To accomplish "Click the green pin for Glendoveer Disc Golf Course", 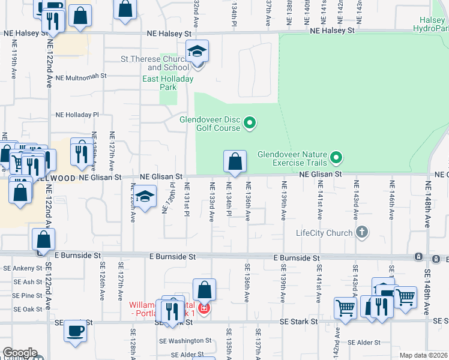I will click(x=250, y=124).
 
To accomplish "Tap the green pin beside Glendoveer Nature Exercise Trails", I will click(x=337, y=158).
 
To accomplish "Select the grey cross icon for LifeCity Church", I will click(x=361, y=232).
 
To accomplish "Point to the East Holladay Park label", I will click(x=160, y=83).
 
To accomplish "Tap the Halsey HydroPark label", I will click(x=433, y=25).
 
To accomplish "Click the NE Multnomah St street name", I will click(x=80, y=77).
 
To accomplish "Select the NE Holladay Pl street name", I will click(x=77, y=115).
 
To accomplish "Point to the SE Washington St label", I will click(x=185, y=340).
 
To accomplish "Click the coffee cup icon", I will click(x=76, y=331).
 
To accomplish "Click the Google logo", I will click(x=20, y=353).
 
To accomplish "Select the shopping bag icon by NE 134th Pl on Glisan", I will click(x=235, y=161).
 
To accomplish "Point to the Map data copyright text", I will click(x=423, y=355).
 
